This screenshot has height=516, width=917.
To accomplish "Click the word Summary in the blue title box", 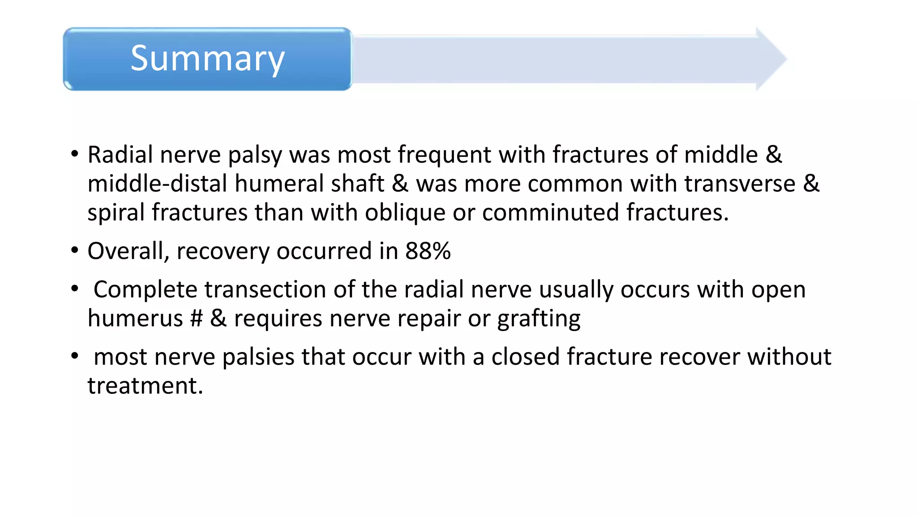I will (207, 59).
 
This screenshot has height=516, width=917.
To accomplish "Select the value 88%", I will (428, 251).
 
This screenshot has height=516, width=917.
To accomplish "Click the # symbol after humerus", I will (196, 318).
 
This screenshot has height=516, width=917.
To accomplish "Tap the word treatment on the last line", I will (145, 386).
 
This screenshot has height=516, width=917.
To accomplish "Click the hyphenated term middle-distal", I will (157, 184).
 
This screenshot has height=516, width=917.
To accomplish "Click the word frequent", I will (445, 155).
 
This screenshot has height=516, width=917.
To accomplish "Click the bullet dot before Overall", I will (75, 250).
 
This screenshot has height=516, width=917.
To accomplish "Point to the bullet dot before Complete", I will (75, 288).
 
